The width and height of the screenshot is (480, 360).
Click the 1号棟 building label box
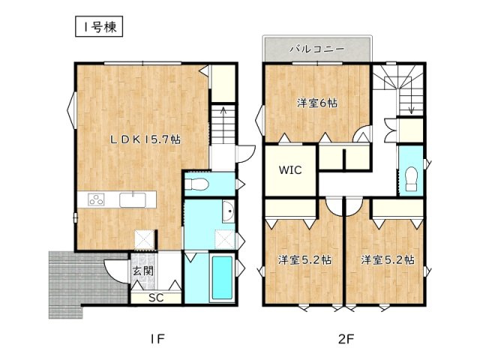(99, 27)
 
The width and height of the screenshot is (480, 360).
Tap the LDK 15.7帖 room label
(145, 139)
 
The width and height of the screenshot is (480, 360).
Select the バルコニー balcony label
(317, 49)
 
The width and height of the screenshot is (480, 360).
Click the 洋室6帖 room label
(317, 103)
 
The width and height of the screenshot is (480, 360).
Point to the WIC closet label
(290, 170)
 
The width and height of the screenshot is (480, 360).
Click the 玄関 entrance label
(142, 271)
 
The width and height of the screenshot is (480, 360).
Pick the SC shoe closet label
(156, 298)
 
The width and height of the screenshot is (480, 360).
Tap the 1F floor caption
(157, 339)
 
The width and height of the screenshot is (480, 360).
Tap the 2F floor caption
(346, 339)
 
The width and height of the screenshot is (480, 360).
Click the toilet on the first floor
(196, 184)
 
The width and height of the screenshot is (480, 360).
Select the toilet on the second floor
(411, 178)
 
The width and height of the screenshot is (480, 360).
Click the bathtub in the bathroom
(222, 277)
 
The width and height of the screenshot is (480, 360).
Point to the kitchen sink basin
(133, 200)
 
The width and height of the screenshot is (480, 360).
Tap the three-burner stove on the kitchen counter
(96, 199)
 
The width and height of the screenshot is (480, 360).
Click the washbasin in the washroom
(228, 211)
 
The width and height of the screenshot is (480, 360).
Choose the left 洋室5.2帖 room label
(304, 260)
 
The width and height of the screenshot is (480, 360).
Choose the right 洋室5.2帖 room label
(388, 260)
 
